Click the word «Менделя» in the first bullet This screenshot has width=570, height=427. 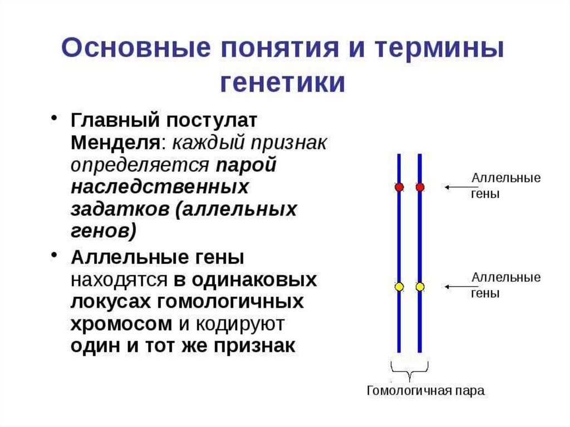click(115, 143)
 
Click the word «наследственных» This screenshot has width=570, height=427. click(159, 187)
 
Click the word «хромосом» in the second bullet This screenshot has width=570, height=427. click(121, 324)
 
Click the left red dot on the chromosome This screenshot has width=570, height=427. click(399, 187)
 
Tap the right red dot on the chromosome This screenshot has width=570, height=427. click(420, 187)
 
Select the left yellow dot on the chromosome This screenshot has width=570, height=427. click(399, 287)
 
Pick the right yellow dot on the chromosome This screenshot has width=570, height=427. click(420, 287)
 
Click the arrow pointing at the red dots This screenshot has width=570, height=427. click(456, 187)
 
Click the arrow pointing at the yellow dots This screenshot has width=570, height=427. click(456, 287)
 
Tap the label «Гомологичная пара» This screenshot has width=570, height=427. click(425, 391)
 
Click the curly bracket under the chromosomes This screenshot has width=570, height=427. click(410, 370)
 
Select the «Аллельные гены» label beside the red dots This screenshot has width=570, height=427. click(506, 186)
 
